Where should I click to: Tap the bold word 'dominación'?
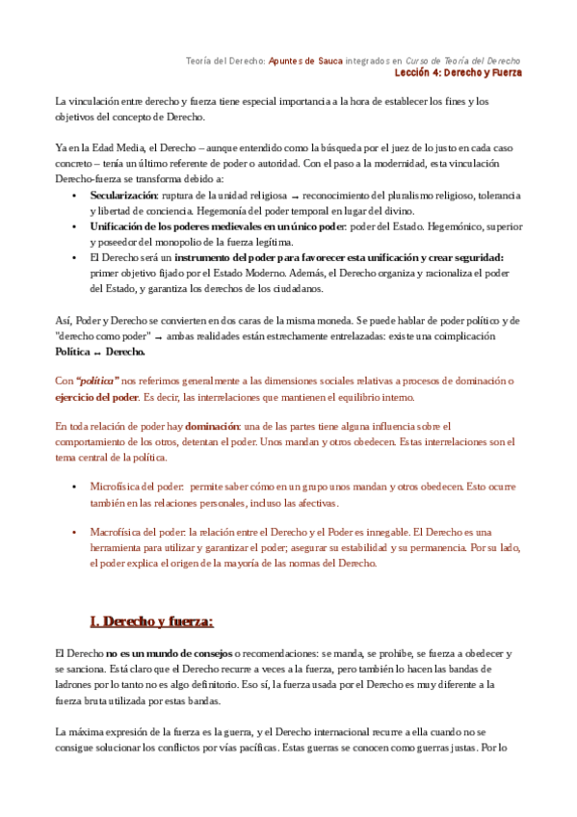215,426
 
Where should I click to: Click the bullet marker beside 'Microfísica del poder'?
75,488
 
